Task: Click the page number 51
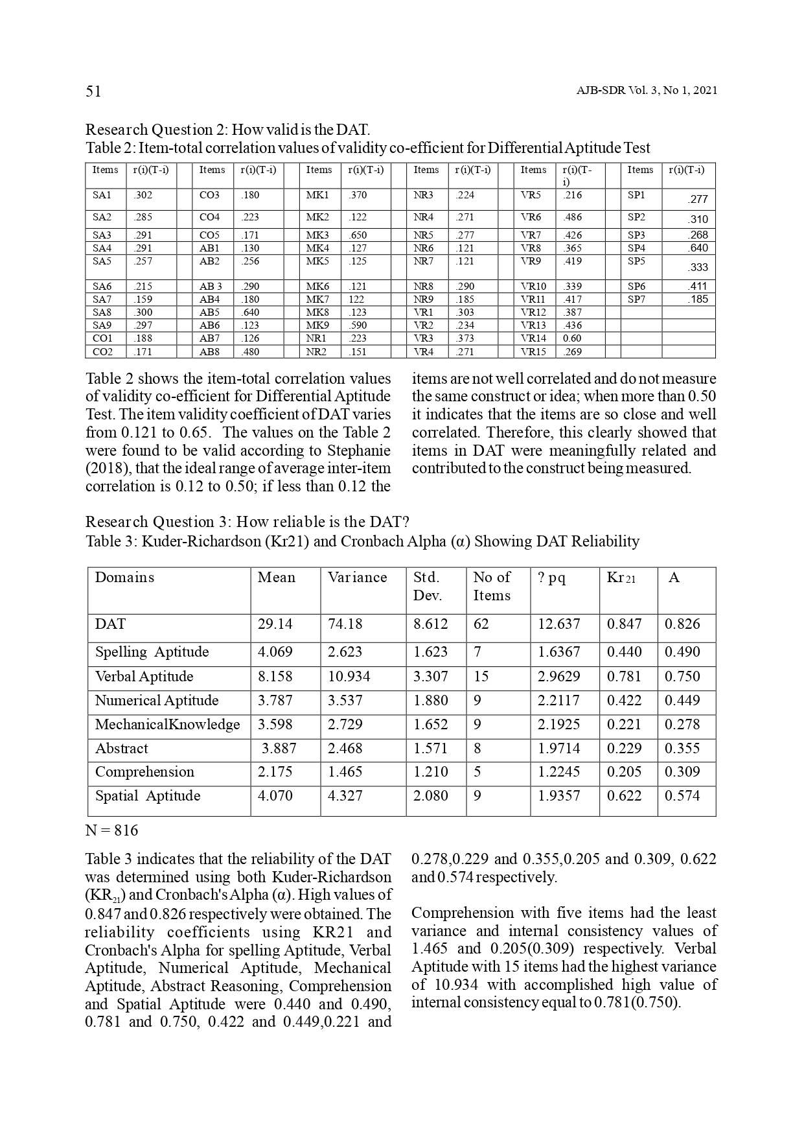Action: click(93, 91)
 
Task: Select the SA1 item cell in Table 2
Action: click(102, 195)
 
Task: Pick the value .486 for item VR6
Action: click(573, 218)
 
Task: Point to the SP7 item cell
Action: click(637, 299)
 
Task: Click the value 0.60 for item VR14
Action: click(571, 338)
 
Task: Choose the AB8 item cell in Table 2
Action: click(210, 352)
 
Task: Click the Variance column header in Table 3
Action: click(357, 578)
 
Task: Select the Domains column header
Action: click(124, 578)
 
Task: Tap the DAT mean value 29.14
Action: click(275, 624)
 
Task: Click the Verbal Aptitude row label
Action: click(144, 677)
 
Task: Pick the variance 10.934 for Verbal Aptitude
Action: click(349, 677)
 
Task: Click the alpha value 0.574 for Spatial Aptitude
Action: click(682, 796)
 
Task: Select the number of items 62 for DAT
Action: click(481, 624)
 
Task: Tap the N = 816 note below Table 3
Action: click(111, 831)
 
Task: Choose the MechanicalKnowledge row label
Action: click(167, 725)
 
